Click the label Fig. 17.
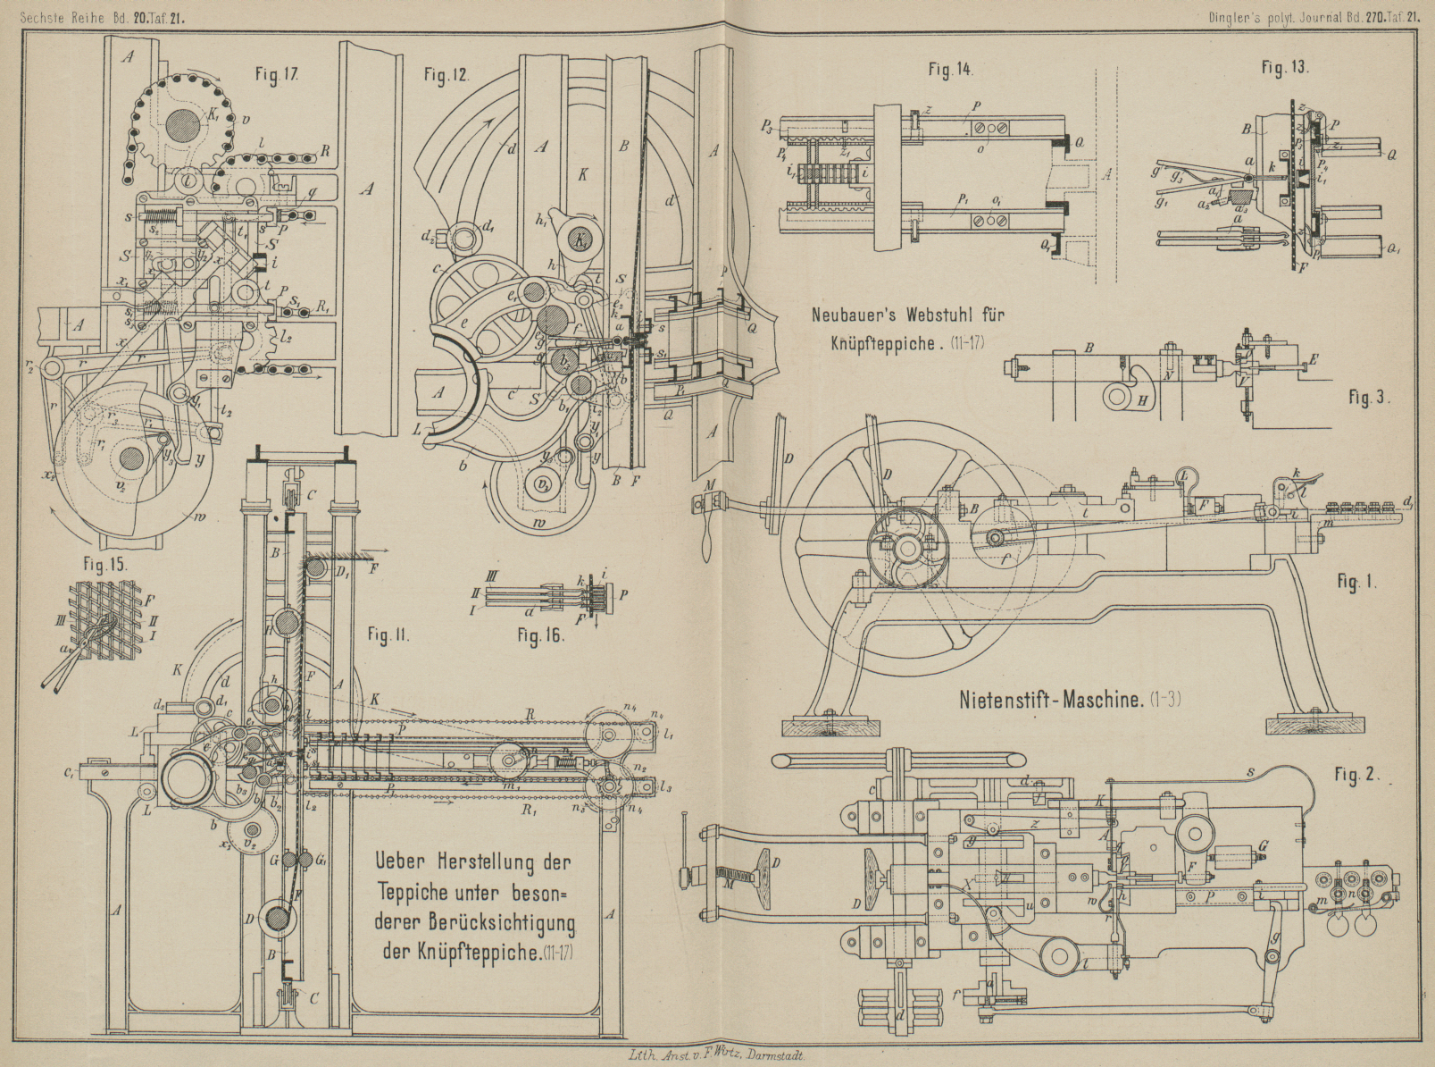point(277,76)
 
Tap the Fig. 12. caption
point(446,76)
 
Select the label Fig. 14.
point(950,69)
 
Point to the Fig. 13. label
point(1285,68)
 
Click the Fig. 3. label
point(1369,397)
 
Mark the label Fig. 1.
point(1356,582)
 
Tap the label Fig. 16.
point(541,637)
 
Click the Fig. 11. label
point(388,635)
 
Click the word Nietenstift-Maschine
point(1051,699)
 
